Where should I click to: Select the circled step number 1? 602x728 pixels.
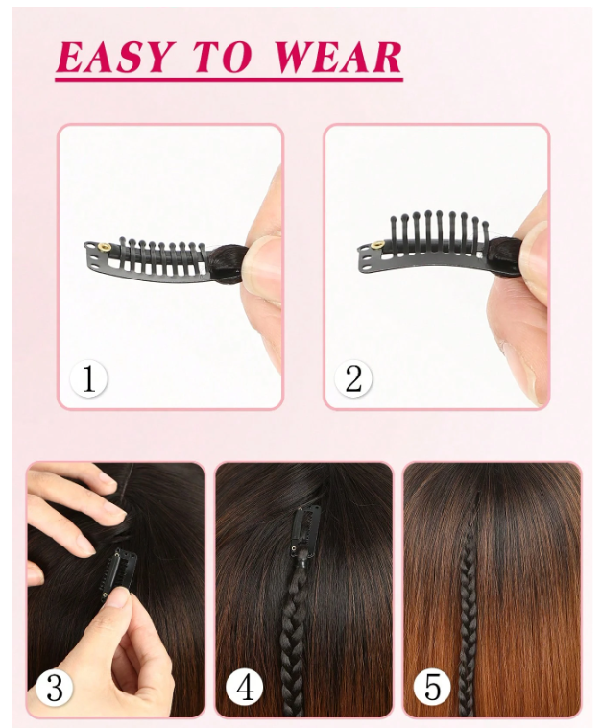click(88, 378)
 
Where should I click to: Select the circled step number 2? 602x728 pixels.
click(353, 378)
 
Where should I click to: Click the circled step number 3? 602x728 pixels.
click(55, 687)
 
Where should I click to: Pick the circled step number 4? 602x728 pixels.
click(245, 687)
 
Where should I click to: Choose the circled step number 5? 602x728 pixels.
click(432, 687)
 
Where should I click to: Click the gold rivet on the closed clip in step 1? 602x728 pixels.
click(105, 247)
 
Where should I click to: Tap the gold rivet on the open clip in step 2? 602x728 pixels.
click(377, 245)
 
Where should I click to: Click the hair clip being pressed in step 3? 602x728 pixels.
click(118, 574)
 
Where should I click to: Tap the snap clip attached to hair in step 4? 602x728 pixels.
click(305, 532)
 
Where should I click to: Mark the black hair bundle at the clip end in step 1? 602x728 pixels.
click(228, 263)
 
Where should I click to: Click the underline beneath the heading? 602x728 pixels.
click(229, 81)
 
